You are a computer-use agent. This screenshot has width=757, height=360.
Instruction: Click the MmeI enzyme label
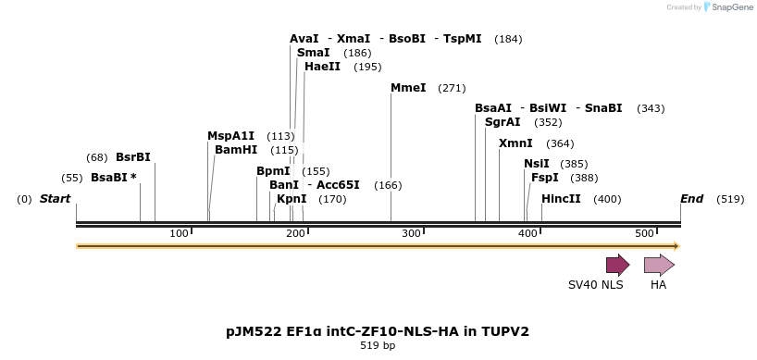click(408, 88)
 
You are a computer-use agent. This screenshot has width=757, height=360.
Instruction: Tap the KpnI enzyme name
click(292, 199)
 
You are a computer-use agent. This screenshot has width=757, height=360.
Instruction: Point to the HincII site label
click(561, 199)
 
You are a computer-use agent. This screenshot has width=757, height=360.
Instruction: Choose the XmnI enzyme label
click(515, 143)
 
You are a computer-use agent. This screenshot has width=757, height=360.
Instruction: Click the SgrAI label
click(503, 122)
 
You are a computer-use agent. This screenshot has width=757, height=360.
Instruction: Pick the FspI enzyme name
click(545, 178)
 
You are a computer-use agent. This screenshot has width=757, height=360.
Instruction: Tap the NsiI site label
click(537, 164)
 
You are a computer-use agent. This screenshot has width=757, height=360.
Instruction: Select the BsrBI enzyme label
click(132, 157)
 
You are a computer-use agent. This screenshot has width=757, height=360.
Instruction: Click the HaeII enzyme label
click(322, 67)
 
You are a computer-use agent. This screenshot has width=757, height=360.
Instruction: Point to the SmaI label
click(314, 53)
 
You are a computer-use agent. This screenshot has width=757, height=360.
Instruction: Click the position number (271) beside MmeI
click(452, 88)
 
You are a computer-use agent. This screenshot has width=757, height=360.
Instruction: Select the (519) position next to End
click(730, 199)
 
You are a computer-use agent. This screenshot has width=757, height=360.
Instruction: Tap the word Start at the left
click(55, 199)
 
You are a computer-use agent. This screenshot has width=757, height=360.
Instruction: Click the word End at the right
click(691, 199)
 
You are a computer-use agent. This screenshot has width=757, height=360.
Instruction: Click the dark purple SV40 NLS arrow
click(617, 266)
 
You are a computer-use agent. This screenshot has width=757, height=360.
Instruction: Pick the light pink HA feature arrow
click(659, 266)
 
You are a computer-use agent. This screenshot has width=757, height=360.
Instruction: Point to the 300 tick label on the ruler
click(412, 233)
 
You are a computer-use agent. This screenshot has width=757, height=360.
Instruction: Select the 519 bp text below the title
click(378, 346)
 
